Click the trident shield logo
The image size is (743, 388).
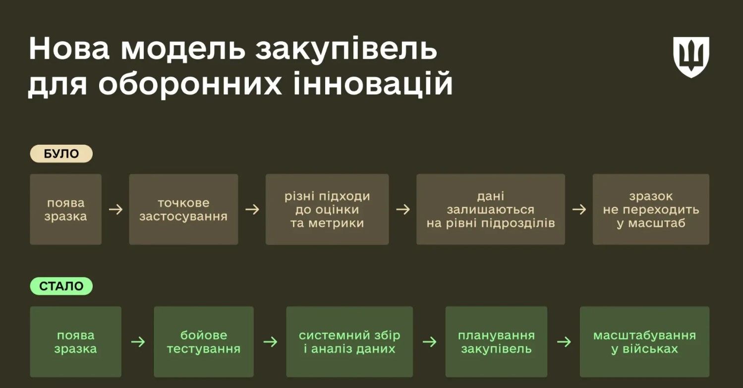click(691, 56)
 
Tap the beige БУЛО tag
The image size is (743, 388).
click(61, 154)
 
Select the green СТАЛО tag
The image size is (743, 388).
click(61, 286)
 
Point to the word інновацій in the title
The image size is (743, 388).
click(374, 84)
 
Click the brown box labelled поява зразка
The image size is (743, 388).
click(65, 209)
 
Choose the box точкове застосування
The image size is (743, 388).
click(183, 209)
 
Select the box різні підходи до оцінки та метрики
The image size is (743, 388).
click(327, 209)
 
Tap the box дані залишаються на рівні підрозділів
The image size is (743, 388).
click(491, 209)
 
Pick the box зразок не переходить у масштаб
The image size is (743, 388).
click(651, 209)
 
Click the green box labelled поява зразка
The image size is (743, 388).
click(75, 342)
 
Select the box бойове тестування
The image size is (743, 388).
click(203, 342)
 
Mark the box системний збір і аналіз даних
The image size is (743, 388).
click(349, 342)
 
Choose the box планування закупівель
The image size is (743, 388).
click(496, 342)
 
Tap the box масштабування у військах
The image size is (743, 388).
click(644, 342)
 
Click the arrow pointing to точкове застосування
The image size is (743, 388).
click(115, 210)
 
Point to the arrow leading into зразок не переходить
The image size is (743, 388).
click(579, 210)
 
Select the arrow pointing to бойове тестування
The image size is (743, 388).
click(138, 342)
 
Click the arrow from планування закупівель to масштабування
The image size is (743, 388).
click(564, 342)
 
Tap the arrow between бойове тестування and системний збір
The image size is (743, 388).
click(270, 342)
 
